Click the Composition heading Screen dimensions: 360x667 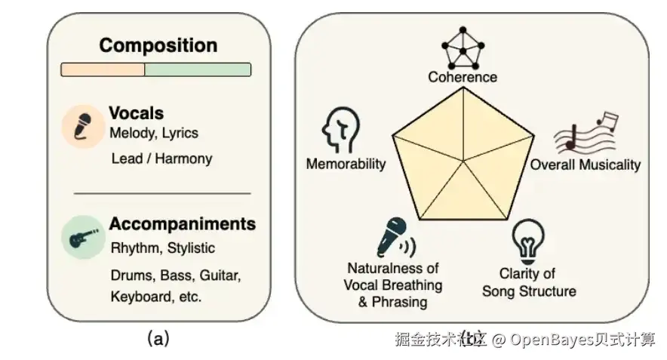158,45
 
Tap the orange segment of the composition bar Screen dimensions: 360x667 103,69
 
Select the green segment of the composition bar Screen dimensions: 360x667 197,69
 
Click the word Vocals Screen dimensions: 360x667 137,113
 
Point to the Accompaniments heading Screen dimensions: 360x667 182,224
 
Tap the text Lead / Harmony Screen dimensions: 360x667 161,158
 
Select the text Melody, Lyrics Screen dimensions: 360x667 153,134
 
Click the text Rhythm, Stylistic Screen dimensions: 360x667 162,248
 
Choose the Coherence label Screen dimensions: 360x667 463,77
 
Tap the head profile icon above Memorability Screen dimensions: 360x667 339,130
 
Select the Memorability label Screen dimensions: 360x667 346,164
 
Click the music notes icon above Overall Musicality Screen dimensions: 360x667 586,134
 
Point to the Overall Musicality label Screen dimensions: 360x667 585,165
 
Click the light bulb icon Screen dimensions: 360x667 527,241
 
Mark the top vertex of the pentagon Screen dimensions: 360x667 463,88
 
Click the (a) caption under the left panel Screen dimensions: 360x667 157,339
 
